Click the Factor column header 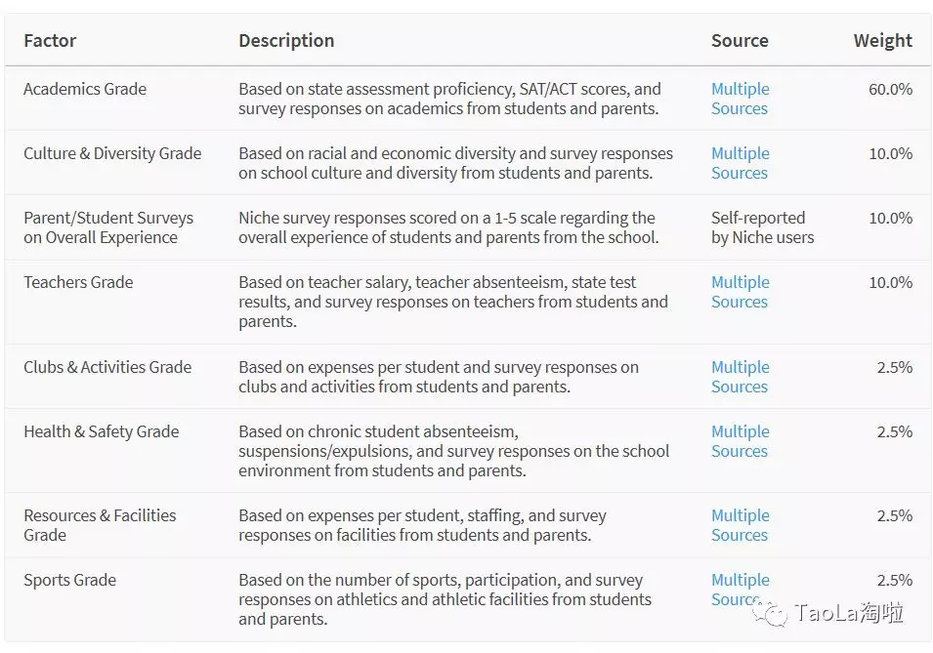tap(50, 41)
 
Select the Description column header tap(286, 41)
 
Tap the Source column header tap(740, 41)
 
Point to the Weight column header tap(882, 41)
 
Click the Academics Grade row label tap(85, 89)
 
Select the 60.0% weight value tap(890, 89)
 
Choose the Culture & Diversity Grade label tap(112, 153)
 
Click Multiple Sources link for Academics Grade tap(740, 99)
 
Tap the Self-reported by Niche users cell tap(762, 227)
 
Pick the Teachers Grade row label tap(78, 282)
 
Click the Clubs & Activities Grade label tap(107, 367)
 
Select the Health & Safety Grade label tap(102, 431)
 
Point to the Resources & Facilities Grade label tap(100, 525)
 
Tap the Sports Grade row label tap(69, 580)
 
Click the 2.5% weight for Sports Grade tap(894, 580)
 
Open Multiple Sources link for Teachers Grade tap(740, 292)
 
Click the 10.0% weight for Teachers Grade tap(890, 282)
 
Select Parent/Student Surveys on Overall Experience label tap(108, 227)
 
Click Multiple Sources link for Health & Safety tap(740, 441)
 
